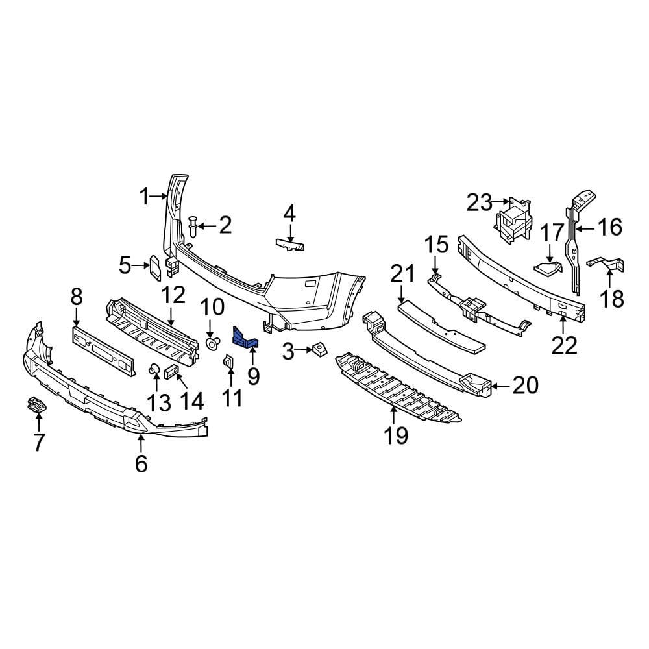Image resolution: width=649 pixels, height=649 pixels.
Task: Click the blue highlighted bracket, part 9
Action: click(x=245, y=337)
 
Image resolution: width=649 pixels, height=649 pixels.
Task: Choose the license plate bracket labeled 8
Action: click(x=104, y=351)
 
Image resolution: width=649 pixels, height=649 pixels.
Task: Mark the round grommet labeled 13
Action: click(x=156, y=370)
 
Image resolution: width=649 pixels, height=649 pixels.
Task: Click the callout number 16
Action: click(x=609, y=227)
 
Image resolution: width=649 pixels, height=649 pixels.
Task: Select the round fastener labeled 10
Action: click(x=212, y=341)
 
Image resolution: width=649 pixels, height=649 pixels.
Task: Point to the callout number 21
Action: click(x=402, y=275)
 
